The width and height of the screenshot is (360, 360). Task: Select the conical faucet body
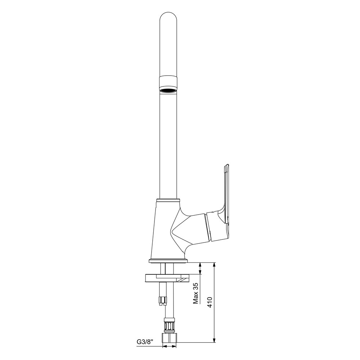tap(165, 230)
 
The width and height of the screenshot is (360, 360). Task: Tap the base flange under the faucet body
tap(168, 260)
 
